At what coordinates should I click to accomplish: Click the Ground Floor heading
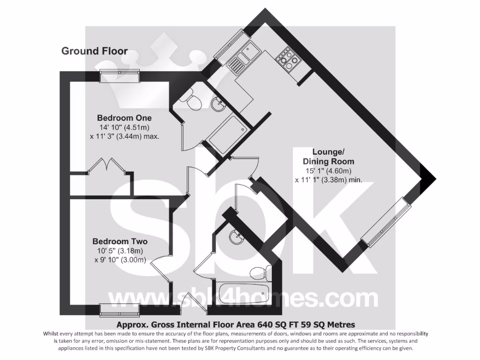click(x=94, y=51)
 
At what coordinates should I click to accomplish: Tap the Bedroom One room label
click(x=124, y=118)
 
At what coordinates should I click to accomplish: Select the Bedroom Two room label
click(x=120, y=241)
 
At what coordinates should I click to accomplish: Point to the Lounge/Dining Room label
click(x=328, y=157)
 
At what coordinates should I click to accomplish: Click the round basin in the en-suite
click(x=217, y=105)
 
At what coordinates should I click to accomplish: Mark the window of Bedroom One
click(x=120, y=76)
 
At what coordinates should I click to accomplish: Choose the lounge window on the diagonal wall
click(x=386, y=223)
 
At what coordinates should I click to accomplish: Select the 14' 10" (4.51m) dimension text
click(x=124, y=127)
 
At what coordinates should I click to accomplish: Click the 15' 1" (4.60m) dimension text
click(x=328, y=171)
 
